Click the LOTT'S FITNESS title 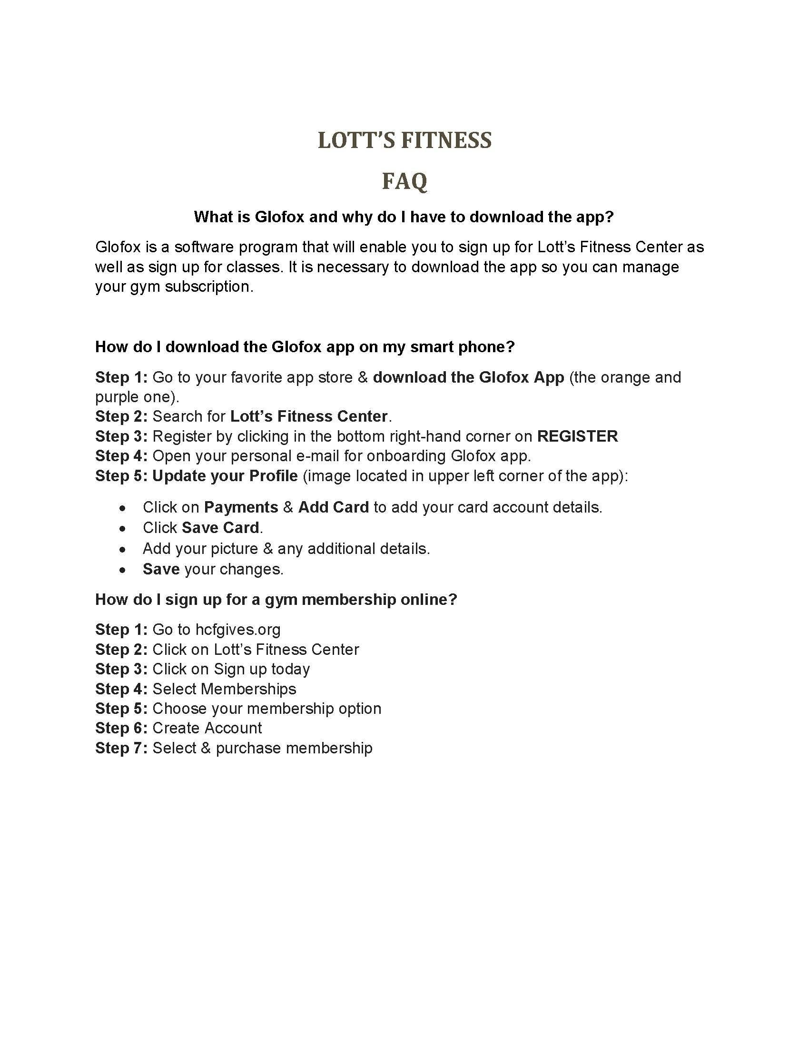tap(404, 140)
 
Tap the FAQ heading tap(404, 181)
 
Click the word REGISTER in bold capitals tap(578, 436)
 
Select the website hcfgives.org tap(238, 630)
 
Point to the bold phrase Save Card tap(220, 528)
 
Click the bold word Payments tap(241, 507)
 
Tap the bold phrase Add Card tap(334, 507)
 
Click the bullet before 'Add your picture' tap(124, 549)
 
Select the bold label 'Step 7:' tap(121, 748)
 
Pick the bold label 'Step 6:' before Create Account tap(121, 728)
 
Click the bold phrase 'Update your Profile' tap(225, 476)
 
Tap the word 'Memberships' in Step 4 tap(248, 689)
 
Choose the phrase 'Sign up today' tap(262, 669)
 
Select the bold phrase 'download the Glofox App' tap(468, 377)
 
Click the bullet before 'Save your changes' tap(124, 570)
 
